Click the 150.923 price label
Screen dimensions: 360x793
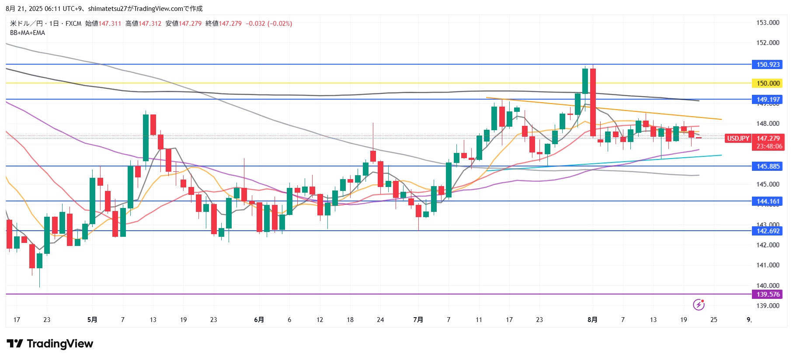(x=768, y=65)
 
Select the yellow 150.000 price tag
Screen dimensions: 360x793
(x=768, y=83)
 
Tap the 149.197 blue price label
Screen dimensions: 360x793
(x=768, y=100)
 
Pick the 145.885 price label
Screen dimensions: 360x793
(x=768, y=166)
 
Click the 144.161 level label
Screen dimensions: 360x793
(x=768, y=201)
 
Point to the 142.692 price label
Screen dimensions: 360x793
(x=768, y=231)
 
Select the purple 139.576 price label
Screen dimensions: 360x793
(x=768, y=294)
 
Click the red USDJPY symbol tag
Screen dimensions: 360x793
(x=738, y=138)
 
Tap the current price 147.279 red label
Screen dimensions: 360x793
(x=768, y=138)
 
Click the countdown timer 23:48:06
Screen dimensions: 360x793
(x=769, y=146)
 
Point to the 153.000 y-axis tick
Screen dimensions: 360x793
(x=768, y=23)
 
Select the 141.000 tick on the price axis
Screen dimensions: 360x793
(x=768, y=265)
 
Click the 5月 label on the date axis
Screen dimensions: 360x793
(x=92, y=320)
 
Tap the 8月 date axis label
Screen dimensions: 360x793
(x=592, y=320)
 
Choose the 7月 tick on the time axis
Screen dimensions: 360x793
(x=418, y=320)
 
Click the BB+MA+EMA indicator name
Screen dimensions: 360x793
(x=28, y=33)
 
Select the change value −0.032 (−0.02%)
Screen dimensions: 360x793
(x=269, y=24)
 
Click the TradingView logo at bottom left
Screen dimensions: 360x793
(x=50, y=344)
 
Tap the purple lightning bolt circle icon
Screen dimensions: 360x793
(x=699, y=305)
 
